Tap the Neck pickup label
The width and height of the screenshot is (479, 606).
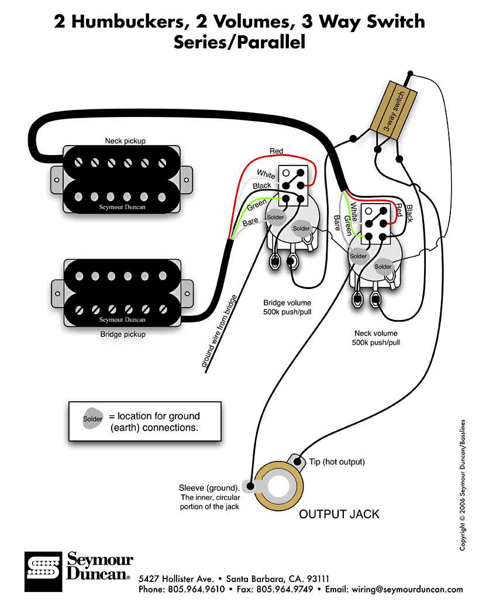125,140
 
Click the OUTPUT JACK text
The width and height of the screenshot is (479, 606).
339,514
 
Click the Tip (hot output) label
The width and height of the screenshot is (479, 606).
338,462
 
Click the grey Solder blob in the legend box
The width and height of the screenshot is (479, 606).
92,419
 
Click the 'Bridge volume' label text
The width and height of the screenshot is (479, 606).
287,303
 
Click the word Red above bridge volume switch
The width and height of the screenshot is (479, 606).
276,151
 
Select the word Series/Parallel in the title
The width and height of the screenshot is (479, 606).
239,43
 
